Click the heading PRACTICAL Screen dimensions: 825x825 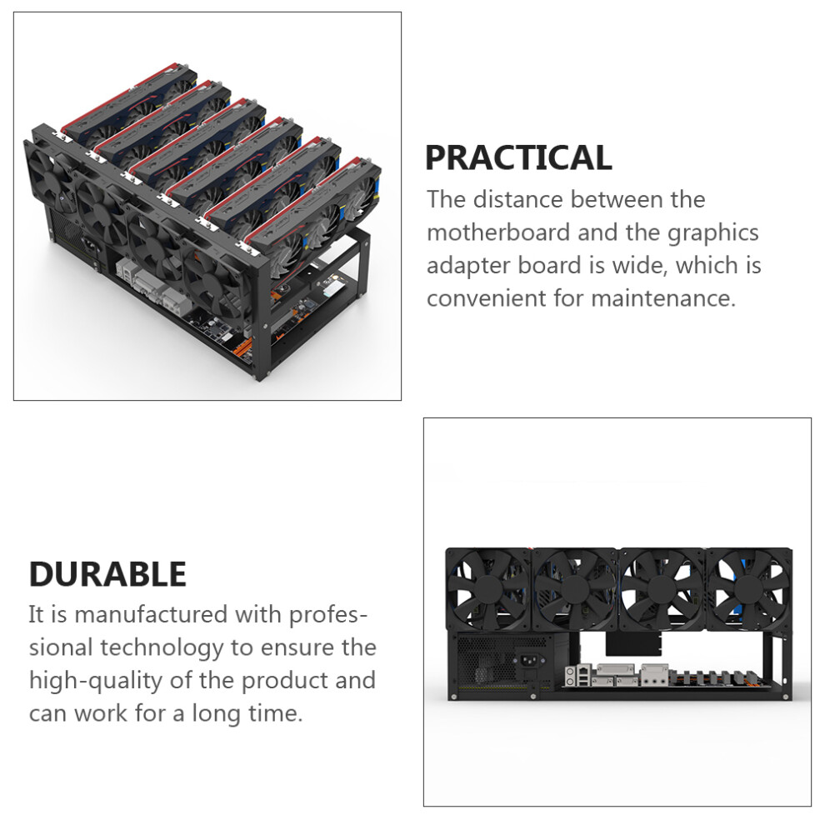pos(518,157)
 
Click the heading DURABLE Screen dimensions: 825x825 pos(107,573)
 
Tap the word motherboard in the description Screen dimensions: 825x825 pos(498,232)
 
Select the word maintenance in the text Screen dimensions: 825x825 pos(663,298)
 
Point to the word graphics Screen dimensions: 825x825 pos(713,233)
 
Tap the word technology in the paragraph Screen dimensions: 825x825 pos(162,648)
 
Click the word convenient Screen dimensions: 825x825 pos(487,298)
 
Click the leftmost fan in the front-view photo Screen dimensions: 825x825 pos(489,589)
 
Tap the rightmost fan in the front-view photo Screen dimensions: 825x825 pos(748,589)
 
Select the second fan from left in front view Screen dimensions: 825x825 pos(575,589)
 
